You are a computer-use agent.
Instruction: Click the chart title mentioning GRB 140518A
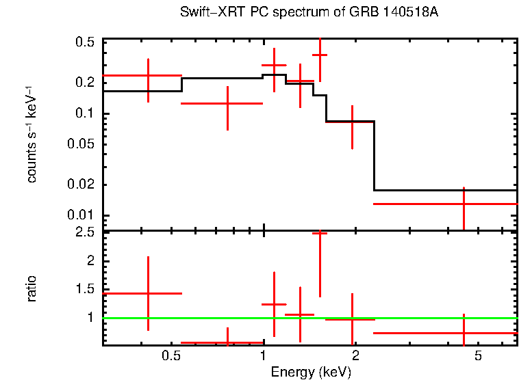tap(309, 13)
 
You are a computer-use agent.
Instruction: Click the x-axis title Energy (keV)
tap(310, 372)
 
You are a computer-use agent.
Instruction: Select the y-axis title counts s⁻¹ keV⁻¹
tap(31, 135)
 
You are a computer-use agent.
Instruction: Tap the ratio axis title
tap(31, 288)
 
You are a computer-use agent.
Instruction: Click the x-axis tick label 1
tap(264, 356)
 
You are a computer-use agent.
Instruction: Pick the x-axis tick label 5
tap(479, 356)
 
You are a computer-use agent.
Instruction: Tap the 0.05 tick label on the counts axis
tap(81, 144)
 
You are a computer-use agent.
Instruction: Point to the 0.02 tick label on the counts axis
tap(81, 185)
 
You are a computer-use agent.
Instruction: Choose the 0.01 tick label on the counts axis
tap(81, 216)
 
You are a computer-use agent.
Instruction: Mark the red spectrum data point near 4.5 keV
tap(464, 204)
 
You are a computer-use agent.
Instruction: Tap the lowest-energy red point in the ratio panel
tap(148, 293)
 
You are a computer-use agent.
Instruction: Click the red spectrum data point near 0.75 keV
tap(228, 103)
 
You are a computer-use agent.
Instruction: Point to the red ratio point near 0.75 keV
tap(228, 342)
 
